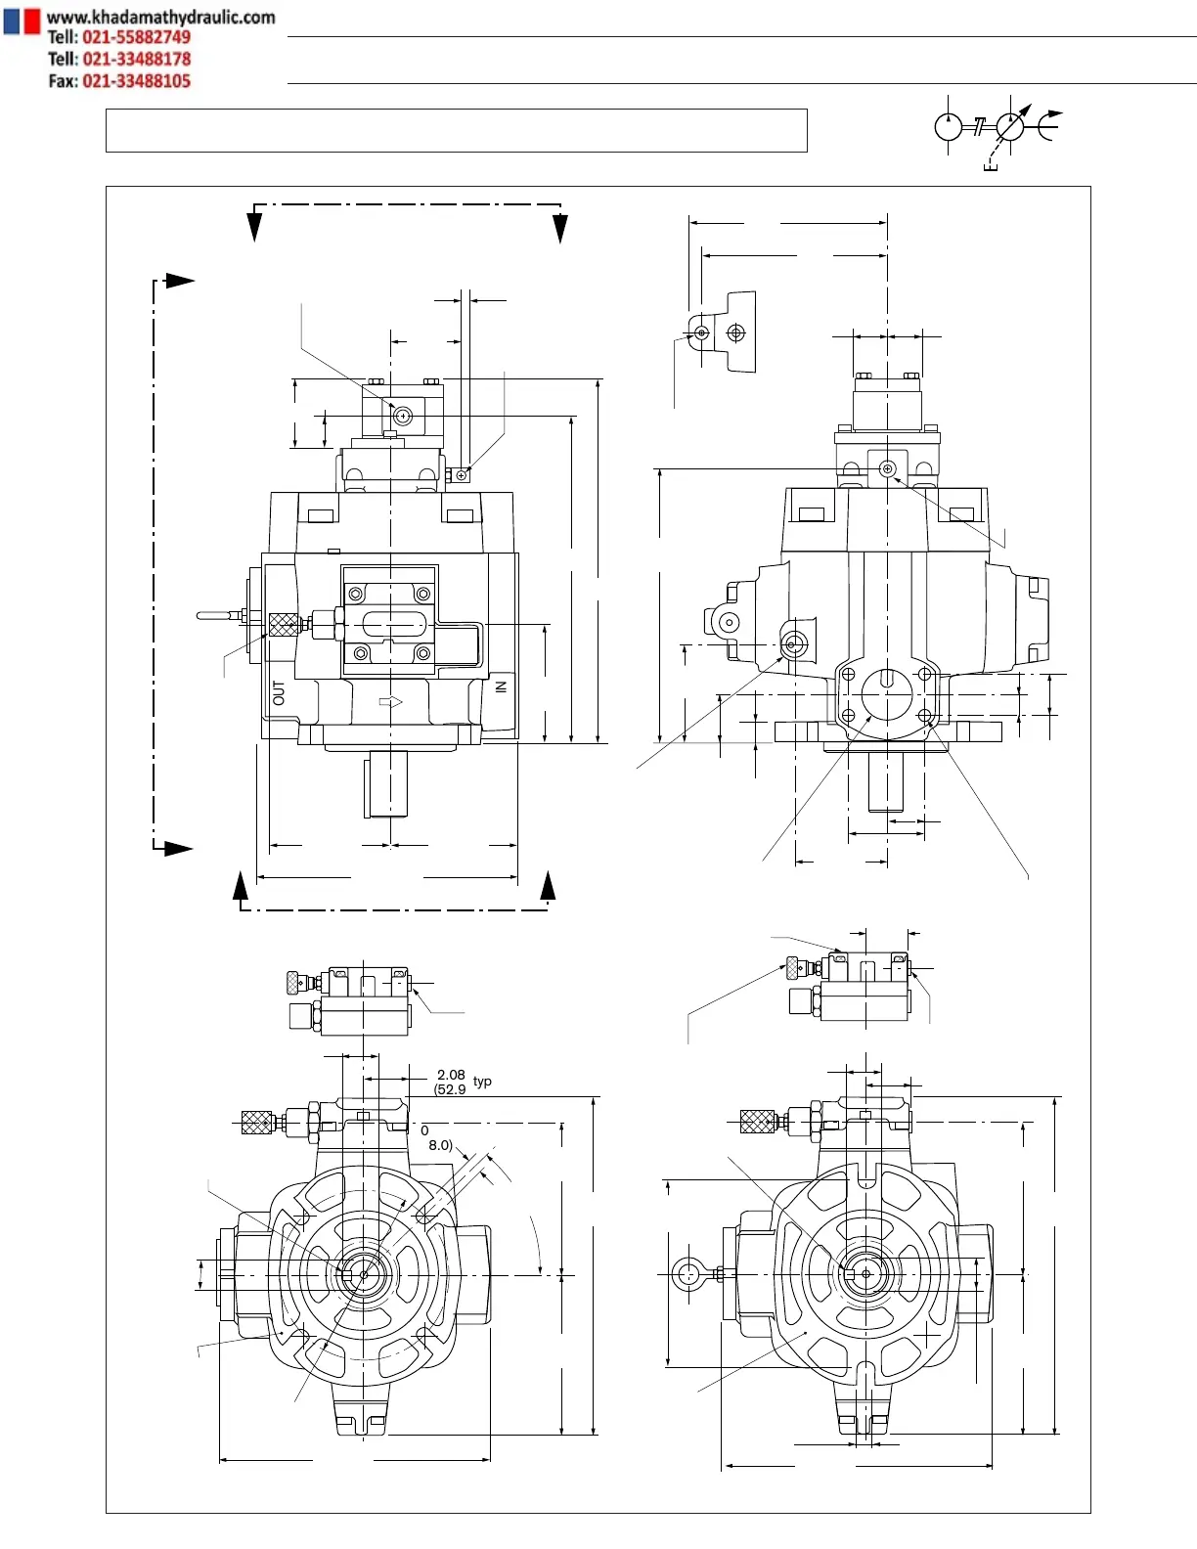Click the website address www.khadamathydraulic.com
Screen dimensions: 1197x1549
point(160,17)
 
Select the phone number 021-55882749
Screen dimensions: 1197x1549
point(136,37)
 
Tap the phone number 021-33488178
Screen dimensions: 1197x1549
point(136,59)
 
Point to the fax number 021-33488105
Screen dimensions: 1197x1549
point(136,81)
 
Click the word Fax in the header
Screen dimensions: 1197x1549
point(62,81)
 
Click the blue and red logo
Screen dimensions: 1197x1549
point(22,21)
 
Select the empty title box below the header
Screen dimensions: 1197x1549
point(456,130)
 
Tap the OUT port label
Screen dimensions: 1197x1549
point(280,693)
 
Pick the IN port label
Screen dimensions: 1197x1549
point(501,687)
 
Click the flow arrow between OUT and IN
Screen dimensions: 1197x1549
point(390,701)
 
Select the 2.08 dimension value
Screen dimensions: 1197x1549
point(451,1075)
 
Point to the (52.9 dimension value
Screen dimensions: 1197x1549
point(450,1089)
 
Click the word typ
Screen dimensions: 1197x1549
point(482,1082)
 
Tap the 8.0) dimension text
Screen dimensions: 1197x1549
point(440,1145)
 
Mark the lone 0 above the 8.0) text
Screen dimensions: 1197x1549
point(424,1130)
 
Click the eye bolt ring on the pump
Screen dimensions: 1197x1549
point(688,1273)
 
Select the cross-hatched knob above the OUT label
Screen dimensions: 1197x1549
point(283,624)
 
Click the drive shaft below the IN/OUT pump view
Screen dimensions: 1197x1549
point(388,783)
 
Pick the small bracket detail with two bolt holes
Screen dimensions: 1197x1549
point(725,332)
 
